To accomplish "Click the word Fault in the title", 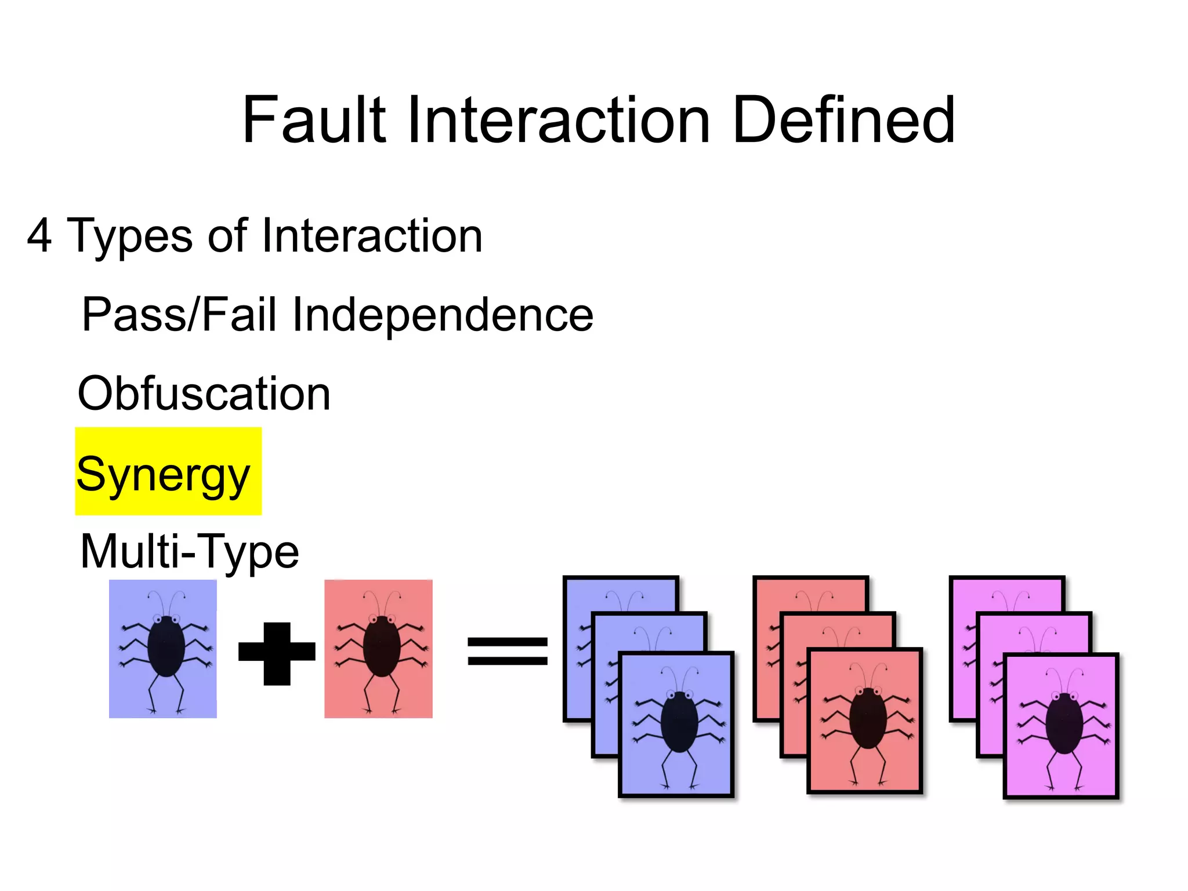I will click(x=314, y=120).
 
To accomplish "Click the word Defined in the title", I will click(x=843, y=120).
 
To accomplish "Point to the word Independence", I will click(x=442, y=315).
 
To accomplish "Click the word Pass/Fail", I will click(x=179, y=315).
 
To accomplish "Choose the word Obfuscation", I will click(x=204, y=394).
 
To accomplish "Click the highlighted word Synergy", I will click(x=163, y=474).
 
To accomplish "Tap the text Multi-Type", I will click(x=190, y=551).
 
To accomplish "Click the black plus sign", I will click(x=277, y=653).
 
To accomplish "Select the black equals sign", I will click(x=508, y=650).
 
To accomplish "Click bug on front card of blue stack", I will click(x=679, y=722).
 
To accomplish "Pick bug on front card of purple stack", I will click(x=1064, y=723).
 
